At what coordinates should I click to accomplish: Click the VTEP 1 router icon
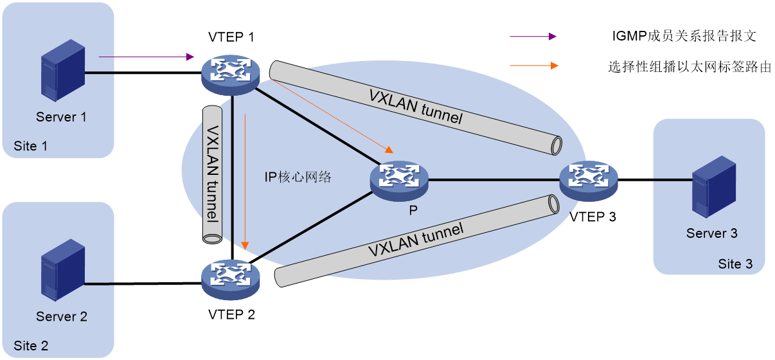[x=231, y=75]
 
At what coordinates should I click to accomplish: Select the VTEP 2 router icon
[x=231, y=280]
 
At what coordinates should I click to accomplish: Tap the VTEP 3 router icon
[x=589, y=181]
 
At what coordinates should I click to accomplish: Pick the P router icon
[x=399, y=181]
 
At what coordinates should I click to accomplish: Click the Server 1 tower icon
[x=63, y=70]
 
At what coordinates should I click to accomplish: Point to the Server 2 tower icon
[x=63, y=270]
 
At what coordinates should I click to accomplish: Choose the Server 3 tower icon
[x=714, y=187]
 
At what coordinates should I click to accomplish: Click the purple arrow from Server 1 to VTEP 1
[x=147, y=57]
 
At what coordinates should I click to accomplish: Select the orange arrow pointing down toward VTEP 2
[x=245, y=182]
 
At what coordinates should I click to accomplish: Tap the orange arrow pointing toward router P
[x=332, y=116]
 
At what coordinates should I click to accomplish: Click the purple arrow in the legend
[x=533, y=37]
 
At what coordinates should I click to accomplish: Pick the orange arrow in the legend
[x=534, y=66]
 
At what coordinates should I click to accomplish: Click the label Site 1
[x=30, y=146]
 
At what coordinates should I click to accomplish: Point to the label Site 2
[x=31, y=346]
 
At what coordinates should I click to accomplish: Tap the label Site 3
[x=735, y=264]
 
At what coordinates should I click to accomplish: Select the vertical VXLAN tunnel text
[x=213, y=174]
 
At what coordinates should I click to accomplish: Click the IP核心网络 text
[x=298, y=177]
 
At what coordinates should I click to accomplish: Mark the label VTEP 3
[x=592, y=217]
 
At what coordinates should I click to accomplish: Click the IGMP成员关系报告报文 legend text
[x=684, y=36]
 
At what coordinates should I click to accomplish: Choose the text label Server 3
[x=711, y=233]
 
